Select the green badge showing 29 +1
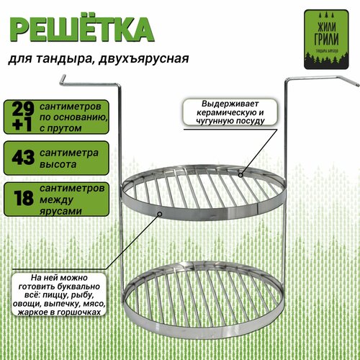pos(21,115)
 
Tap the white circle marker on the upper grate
pos(240,172)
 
